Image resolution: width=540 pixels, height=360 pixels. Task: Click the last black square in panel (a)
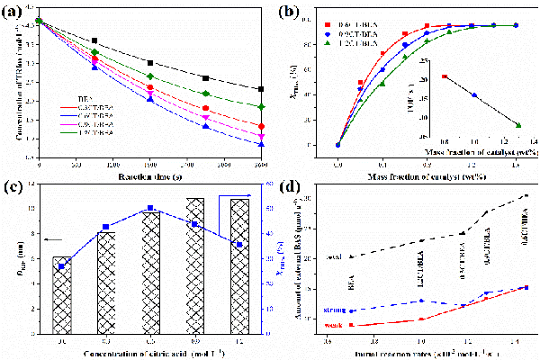click(x=260, y=89)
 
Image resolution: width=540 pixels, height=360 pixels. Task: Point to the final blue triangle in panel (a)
click(x=260, y=144)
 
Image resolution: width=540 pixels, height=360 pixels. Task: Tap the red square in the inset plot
click(x=445, y=76)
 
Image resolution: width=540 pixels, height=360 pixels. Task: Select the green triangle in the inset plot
click(x=518, y=124)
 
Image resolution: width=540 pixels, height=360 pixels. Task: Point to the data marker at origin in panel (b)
click(x=337, y=144)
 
